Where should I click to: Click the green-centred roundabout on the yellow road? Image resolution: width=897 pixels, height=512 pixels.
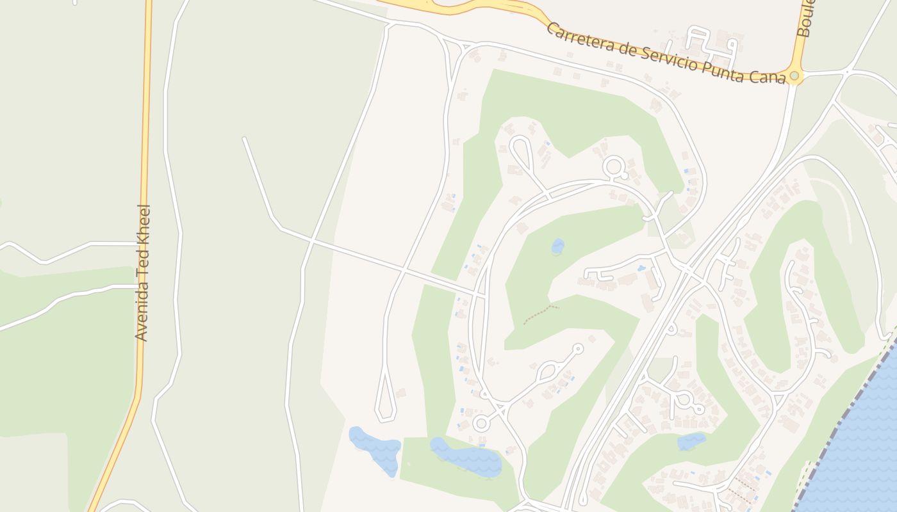[794, 76]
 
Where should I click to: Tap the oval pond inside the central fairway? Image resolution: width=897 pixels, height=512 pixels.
[558, 246]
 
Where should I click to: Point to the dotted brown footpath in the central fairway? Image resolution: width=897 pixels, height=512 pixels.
[541, 314]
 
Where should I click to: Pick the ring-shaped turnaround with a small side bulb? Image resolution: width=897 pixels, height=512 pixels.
[614, 168]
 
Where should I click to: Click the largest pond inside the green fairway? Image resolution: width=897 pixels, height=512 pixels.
[466, 458]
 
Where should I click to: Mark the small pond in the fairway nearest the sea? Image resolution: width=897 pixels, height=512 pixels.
[691, 441]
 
